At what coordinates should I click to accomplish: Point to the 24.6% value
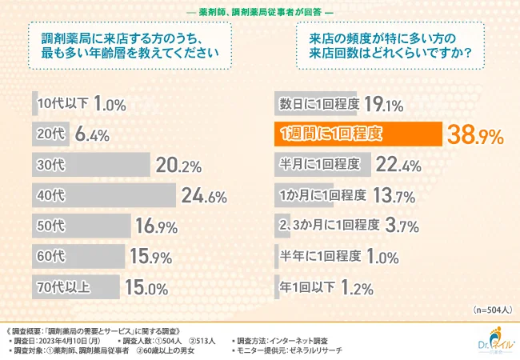(199, 195)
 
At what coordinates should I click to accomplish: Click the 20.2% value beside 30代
(177, 165)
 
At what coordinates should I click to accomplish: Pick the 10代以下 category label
(62, 104)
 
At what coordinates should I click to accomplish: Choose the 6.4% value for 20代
(92, 134)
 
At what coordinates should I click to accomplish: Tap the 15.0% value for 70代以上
(146, 286)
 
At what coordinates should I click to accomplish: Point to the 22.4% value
(398, 165)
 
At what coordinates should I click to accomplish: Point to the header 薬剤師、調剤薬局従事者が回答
(259, 10)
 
